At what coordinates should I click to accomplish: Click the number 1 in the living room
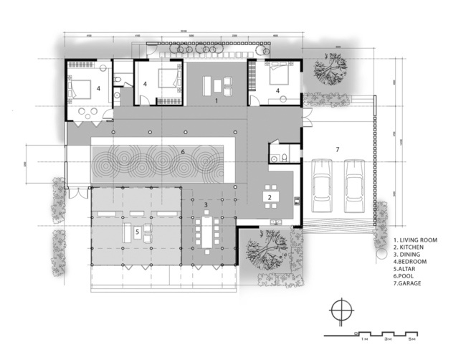click(x=216, y=102)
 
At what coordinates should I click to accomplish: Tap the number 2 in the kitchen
click(x=270, y=196)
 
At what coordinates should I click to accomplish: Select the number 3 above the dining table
click(x=206, y=205)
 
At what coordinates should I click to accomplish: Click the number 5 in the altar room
click(x=136, y=231)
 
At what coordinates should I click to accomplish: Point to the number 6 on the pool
click(x=183, y=151)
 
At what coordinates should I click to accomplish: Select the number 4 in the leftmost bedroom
click(x=98, y=90)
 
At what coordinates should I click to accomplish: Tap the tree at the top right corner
click(x=332, y=69)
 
